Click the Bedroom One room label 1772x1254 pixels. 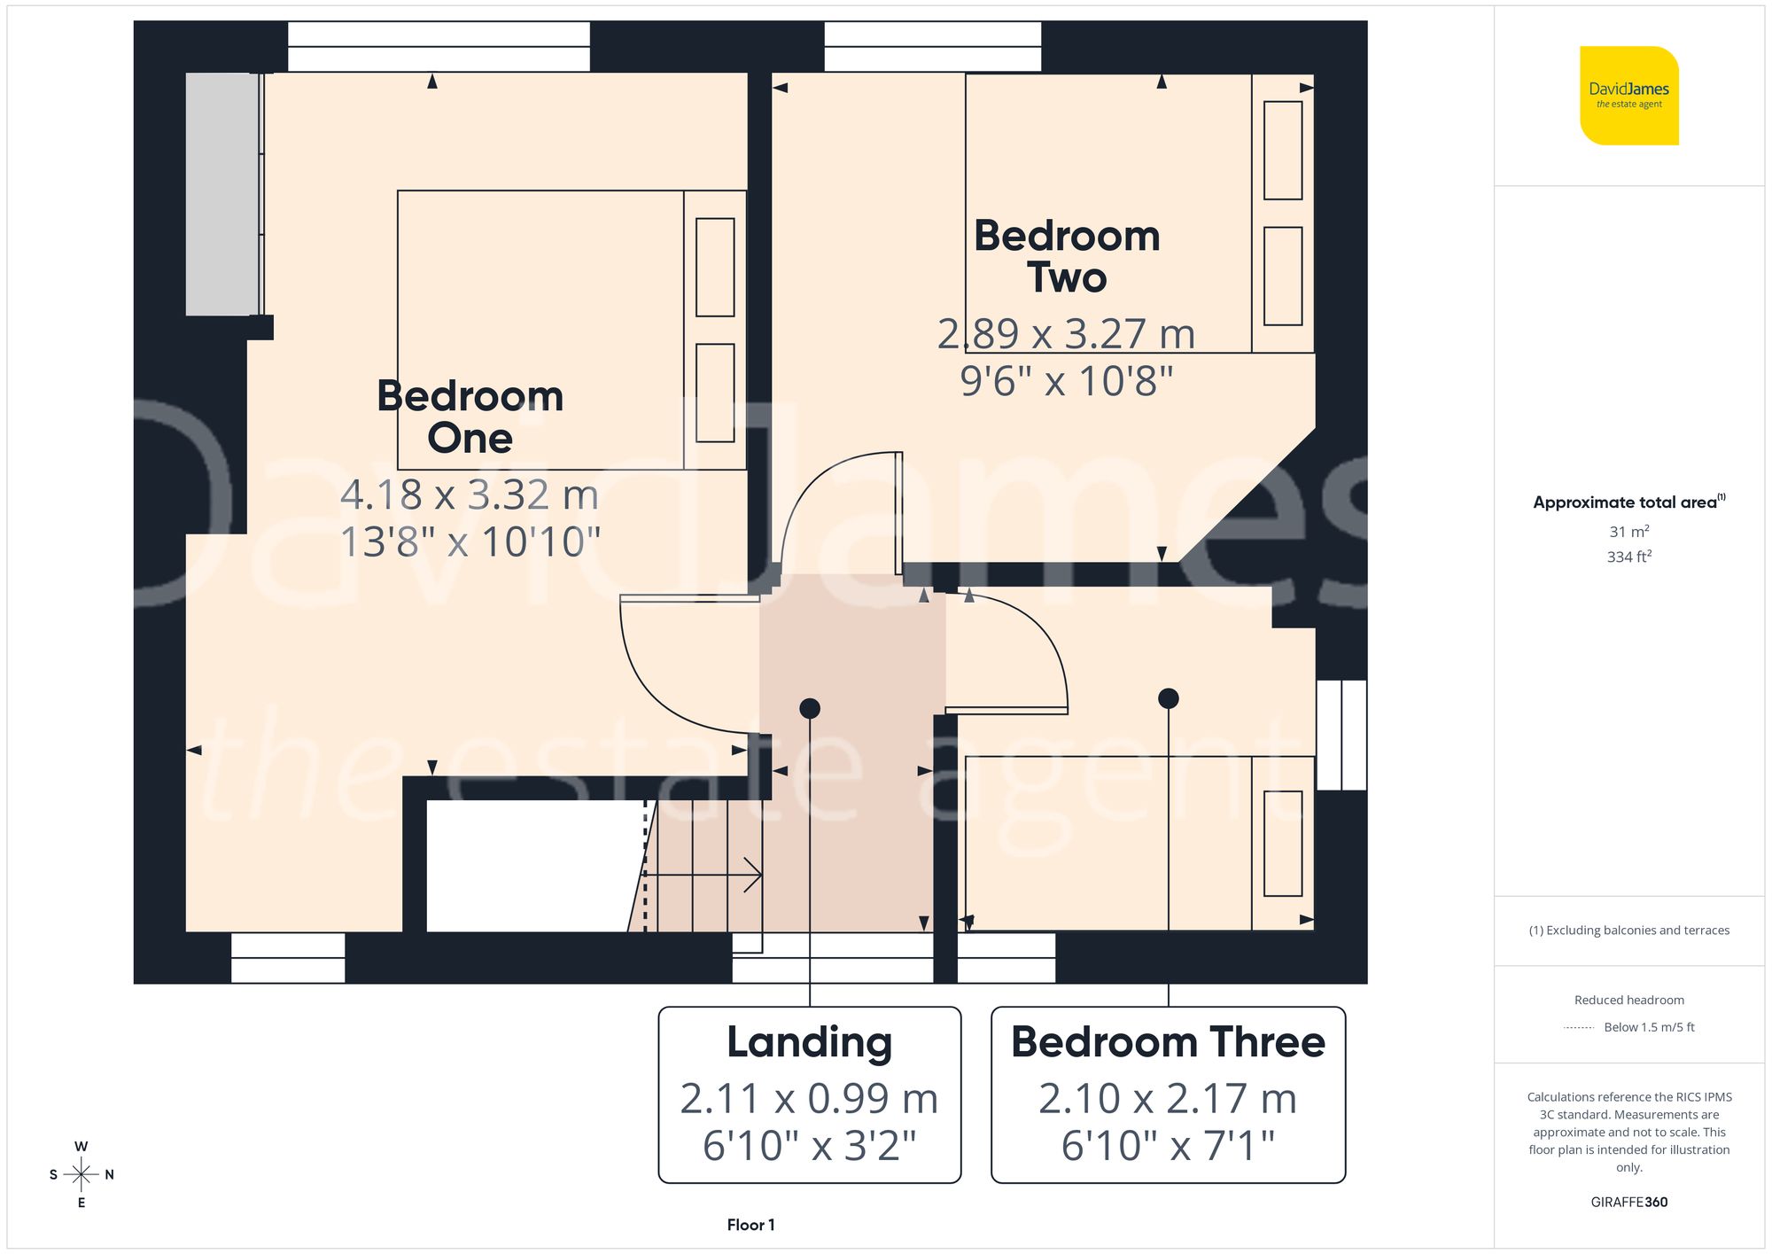click(470, 417)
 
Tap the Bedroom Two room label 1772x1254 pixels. click(1067, 257)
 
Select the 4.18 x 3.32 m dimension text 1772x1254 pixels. click(470, 495)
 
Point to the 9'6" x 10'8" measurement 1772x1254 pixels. click(1067, 381)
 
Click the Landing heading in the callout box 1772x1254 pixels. click(809, 1042)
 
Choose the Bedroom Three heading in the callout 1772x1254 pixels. click(1168, 1042)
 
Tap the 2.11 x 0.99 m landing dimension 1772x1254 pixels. click(809, 1099)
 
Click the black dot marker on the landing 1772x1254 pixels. click(810, 708)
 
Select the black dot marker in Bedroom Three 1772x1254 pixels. click(1169, 698)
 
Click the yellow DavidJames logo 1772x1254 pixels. click(1628, 96)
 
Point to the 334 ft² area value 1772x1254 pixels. click(1628, 557)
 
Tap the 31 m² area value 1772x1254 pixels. click(1628, 532)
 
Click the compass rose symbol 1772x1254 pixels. click(81, 1174)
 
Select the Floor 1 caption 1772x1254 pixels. click(750, 1225)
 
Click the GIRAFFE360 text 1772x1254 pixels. click(1628, 1202)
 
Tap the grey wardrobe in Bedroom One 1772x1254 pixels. click(221, 194)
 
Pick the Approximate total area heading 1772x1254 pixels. click(1628, 502)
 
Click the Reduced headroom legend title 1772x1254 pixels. click(1628, 1000)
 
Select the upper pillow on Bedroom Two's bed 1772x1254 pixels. click(1282, 151)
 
